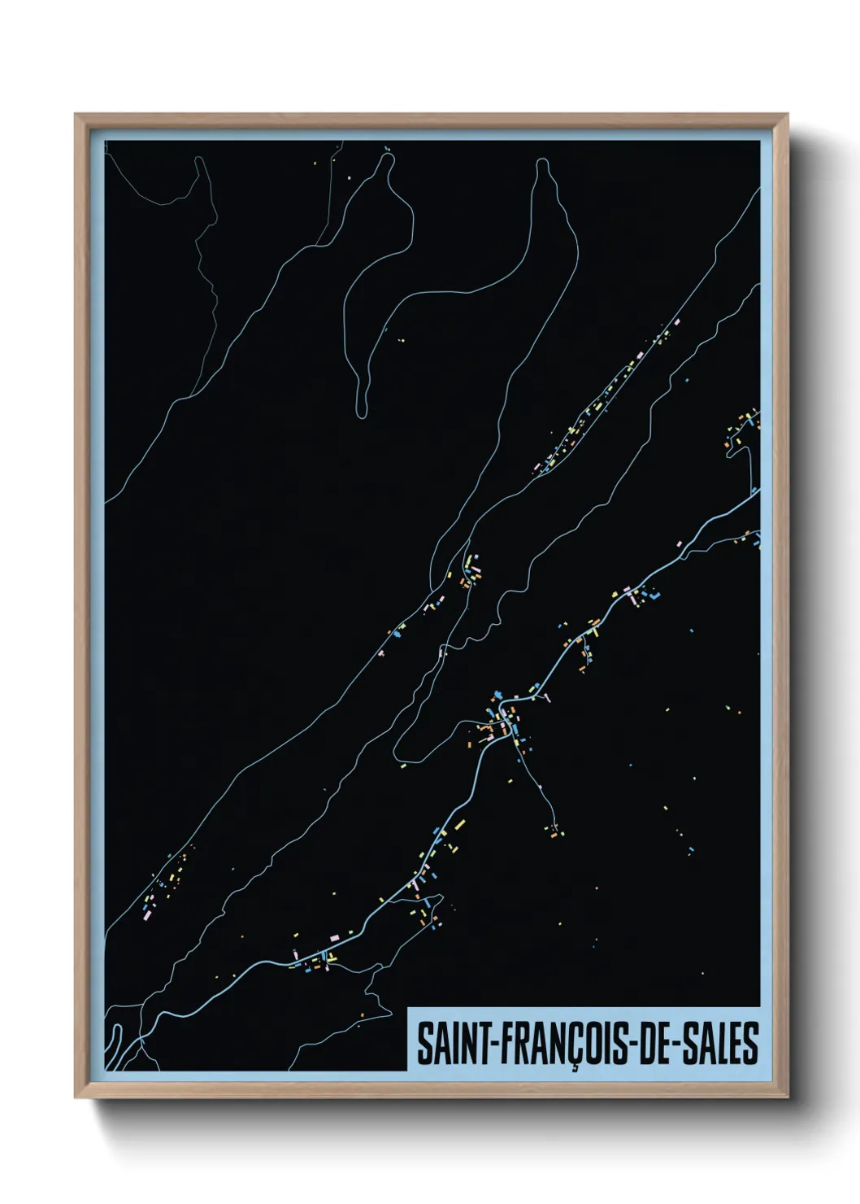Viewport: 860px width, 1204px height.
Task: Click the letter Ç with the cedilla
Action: [575, 1046]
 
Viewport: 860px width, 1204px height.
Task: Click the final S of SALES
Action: [750, 1044]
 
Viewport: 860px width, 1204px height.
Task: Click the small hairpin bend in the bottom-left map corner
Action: [116, 1030]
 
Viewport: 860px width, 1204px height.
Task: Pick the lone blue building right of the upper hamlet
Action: [687, 379]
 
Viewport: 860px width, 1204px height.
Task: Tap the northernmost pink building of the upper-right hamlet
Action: [677, 321]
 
